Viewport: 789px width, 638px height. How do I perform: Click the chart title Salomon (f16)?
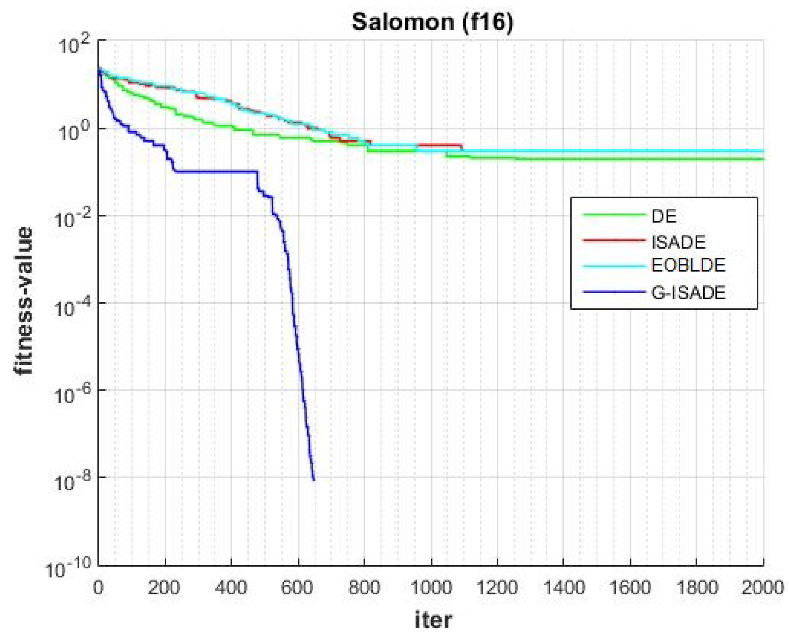pos(433,22)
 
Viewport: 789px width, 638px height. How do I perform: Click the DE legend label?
pos(664,216)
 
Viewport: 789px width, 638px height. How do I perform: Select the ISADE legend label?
pos(678,242)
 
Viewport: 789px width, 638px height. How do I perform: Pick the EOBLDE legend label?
pos(688,265)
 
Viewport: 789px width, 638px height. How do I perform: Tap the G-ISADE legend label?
pos(688,292)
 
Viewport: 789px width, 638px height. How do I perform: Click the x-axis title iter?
pos(433,620)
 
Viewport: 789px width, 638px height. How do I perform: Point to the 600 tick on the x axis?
pos(297,588)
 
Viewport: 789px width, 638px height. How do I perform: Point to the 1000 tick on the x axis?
pos(431,588)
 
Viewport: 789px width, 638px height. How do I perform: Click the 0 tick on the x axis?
pos(98,588)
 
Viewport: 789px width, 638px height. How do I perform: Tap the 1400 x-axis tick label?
pos(564,588)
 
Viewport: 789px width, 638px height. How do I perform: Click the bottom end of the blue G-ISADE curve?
pos(314,480)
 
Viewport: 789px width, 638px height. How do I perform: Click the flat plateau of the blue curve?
pos(217,172)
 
